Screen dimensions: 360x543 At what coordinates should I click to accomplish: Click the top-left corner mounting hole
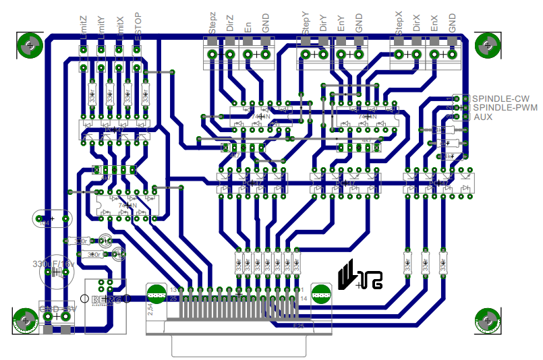[x=29, y=47]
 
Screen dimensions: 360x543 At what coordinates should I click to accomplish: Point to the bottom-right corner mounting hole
[x=486, y=318]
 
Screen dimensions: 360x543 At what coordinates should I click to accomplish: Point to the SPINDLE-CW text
[x=501, y=98]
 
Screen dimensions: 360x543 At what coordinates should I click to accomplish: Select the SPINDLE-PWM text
[x=504, y=107]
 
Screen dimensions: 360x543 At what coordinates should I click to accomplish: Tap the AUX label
[x=483, y=117]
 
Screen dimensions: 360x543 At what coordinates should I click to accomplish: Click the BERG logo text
[x=107, y=300]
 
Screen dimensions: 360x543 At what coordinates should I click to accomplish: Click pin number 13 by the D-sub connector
[x=173, y=289]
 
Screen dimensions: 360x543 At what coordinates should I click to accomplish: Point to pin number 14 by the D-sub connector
[x=304, y=297]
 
